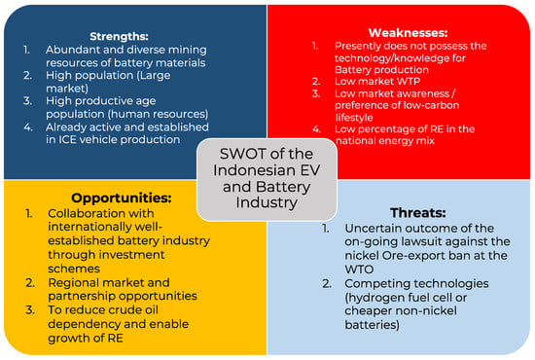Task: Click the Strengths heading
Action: [x=119, y=36]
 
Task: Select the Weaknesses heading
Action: [x=408, y=32]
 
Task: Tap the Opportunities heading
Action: [x=122, y=198]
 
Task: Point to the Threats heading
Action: [x=418, y=212]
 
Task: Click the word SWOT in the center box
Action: [x=237, y=154]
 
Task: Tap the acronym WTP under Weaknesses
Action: [x=409, y=81]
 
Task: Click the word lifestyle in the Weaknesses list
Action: [x=354, y=118]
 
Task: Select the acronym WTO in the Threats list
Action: [x=359, y=270]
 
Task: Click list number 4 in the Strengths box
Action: [x=28, y=127]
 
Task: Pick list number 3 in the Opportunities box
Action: [x=30, y=309]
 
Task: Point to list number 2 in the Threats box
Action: [x=327, y=283]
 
